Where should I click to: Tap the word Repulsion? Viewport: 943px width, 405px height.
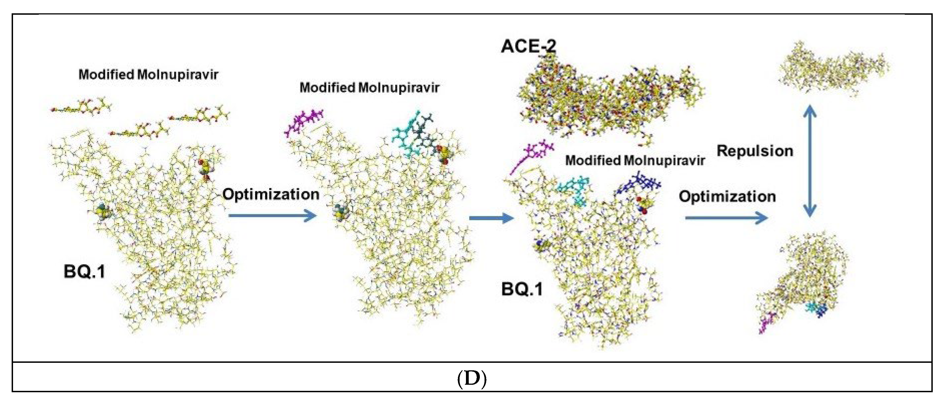point(755,151)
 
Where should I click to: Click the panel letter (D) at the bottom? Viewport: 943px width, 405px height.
point(471,379)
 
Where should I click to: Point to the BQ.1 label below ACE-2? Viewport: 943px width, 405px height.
point(522,290)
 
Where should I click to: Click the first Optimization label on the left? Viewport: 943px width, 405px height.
point(271,194)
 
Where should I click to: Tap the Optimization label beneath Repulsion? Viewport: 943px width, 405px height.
point(727,197)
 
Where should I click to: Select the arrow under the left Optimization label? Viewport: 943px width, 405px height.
point(272,215)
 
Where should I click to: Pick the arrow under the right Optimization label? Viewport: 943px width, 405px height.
point(726,218)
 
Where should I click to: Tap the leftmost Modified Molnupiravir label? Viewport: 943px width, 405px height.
point(148,75)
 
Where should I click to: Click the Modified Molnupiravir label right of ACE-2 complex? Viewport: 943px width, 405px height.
point(635,160)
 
